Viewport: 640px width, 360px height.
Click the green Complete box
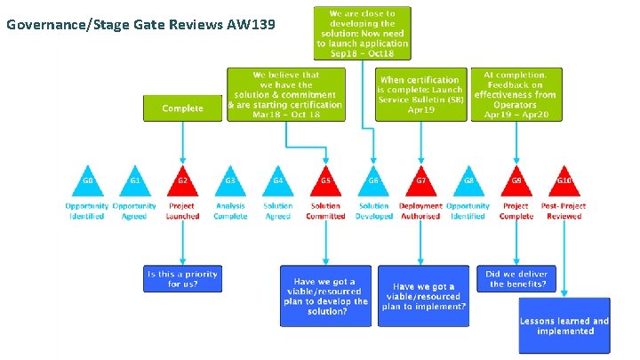tap(182, 108)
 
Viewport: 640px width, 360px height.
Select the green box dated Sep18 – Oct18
tap(362, 34)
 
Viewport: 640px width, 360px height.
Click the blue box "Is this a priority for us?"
tap(182, 278)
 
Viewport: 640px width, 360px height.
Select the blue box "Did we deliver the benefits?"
tap(516, 278)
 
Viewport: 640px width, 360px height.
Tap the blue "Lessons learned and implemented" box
tap(564, 325)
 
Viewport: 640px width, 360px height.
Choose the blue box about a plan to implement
tap(423, 296)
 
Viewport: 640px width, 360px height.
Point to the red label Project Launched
tap(182, 211)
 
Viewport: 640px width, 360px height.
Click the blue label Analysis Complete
tap(230, 211)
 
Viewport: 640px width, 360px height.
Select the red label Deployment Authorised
tap(420, 211)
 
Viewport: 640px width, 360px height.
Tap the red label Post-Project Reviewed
tap(564, 211)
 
